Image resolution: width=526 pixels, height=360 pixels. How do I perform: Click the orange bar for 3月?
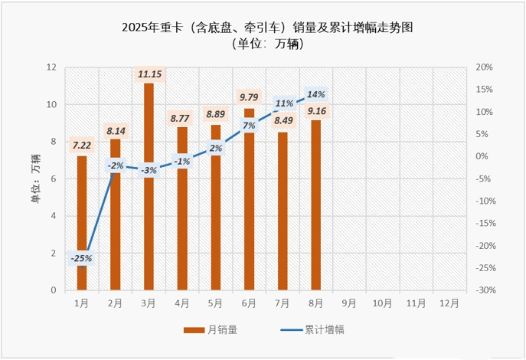(149, 191)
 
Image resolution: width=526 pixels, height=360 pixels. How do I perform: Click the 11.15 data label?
(149, 74)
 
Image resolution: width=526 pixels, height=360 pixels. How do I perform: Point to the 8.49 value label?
(283, 119)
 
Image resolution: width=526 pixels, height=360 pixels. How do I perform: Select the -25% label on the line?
(81, 258)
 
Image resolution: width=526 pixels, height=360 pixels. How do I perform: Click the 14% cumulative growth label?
(315, 94)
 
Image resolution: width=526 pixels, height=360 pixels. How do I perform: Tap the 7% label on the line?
(249, 126)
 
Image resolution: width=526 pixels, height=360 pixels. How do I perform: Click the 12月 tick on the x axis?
(449, 303)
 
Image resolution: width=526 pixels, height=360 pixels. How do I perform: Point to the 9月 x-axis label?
(348, 303)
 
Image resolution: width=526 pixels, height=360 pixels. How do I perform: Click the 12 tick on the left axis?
(51, 67)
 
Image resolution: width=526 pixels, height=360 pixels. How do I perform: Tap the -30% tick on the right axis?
(485, 290)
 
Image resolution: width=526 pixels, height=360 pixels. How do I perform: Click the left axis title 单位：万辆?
(35, 178)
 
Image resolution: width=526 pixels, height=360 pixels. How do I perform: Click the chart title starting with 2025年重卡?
(267, 28)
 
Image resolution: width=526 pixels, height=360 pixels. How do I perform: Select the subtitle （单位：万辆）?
(267, 44)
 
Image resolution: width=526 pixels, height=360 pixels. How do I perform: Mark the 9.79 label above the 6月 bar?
(250, 97)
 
